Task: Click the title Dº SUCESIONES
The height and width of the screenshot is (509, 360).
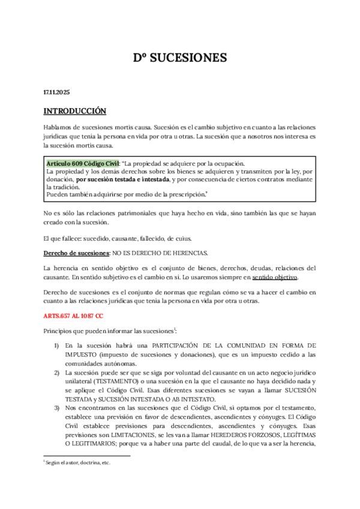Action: point(180,58)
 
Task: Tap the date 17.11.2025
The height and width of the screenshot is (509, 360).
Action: point(57,92)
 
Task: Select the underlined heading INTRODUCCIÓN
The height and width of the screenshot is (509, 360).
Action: point(75,111)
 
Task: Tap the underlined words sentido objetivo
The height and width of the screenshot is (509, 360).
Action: point(274,277)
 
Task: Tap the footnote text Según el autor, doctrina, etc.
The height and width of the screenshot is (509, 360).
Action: point(77,463)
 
